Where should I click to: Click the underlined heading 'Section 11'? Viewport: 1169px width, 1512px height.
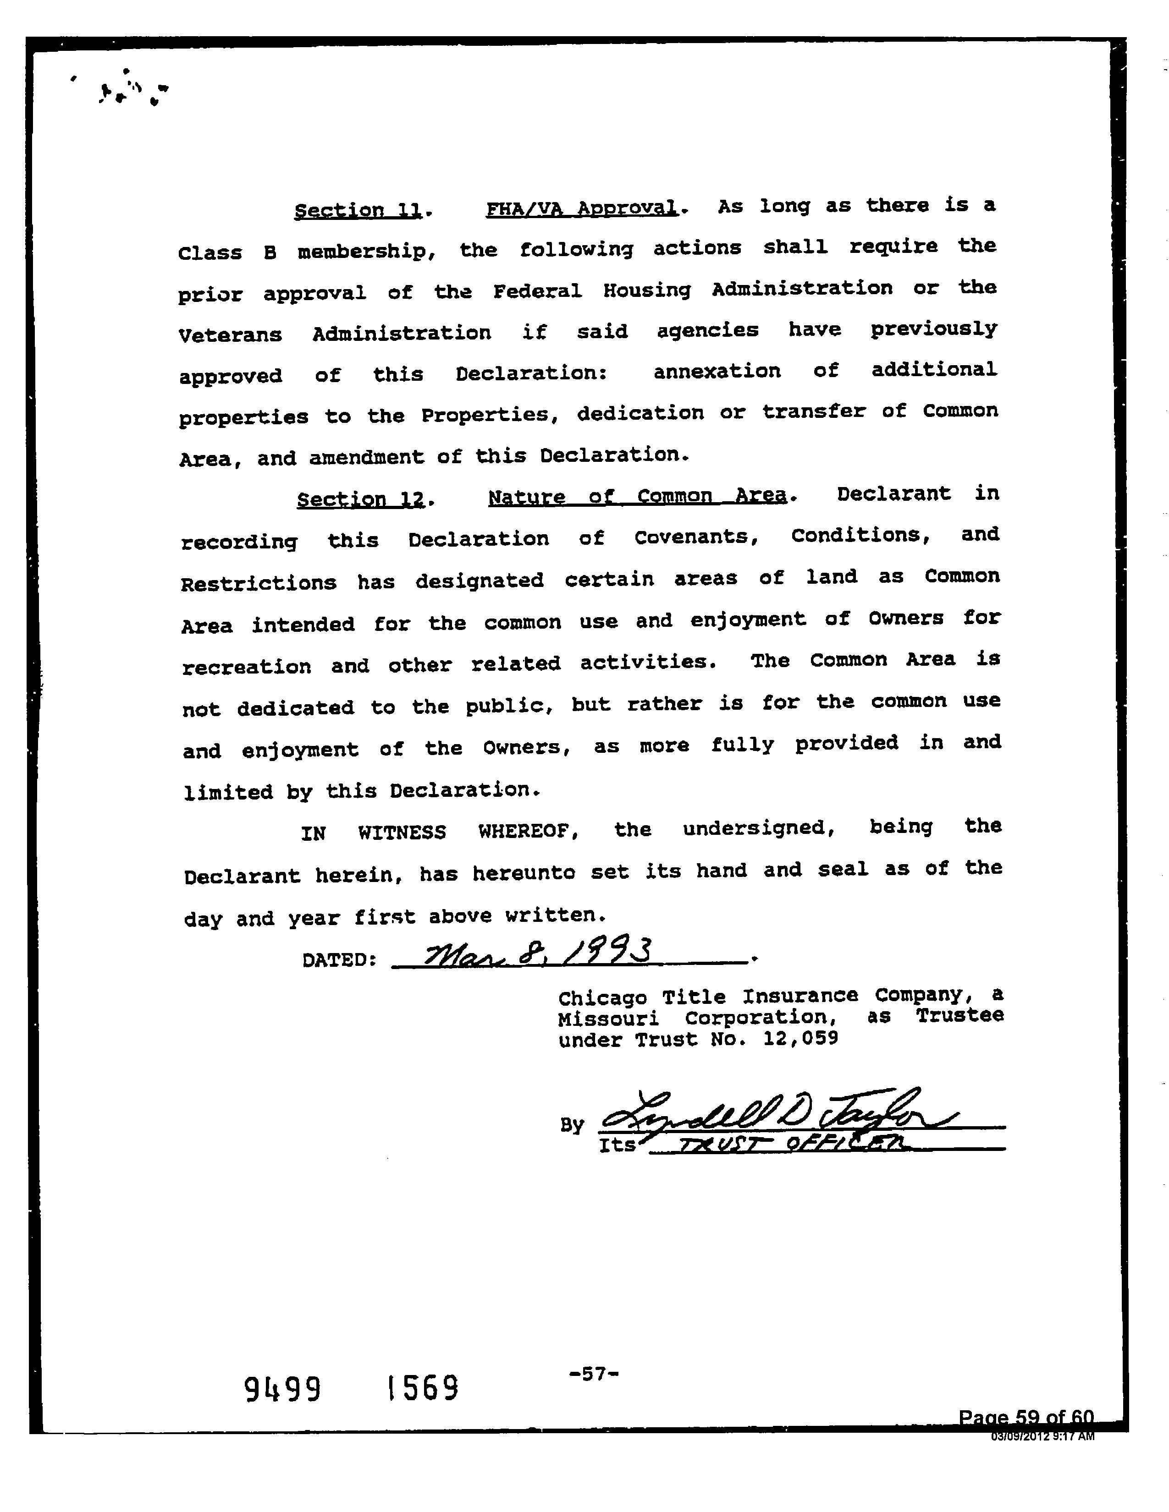[358, 210]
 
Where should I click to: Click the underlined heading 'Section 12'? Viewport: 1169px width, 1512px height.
[360, 499]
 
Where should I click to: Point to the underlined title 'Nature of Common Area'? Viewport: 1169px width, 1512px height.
[637, 496]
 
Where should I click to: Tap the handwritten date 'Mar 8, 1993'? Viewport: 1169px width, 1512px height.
[537, 955]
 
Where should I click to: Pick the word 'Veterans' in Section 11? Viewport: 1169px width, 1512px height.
[230, 335]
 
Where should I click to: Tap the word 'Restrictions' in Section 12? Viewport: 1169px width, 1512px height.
[258, 583]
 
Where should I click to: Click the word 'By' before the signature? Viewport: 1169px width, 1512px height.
[572, 1125]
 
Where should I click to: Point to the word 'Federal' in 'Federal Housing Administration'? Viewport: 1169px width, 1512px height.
[537, 291]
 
